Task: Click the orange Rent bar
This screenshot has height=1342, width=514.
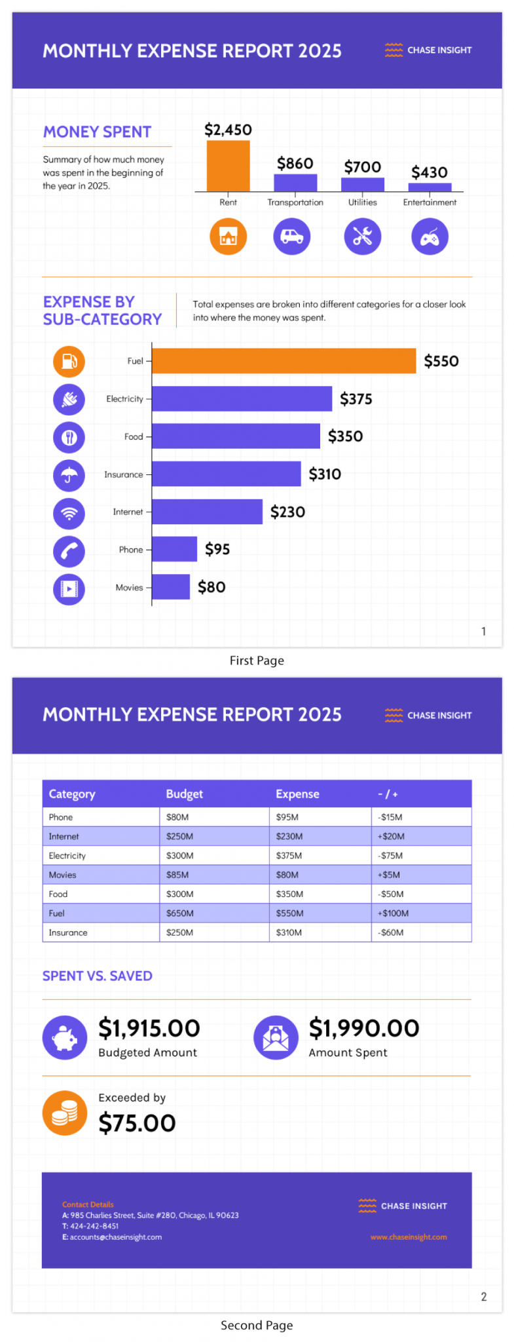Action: (x=228, y=166)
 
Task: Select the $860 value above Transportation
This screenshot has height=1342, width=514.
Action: (x=295, y=163)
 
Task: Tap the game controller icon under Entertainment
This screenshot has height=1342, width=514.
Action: (x=430, y=237)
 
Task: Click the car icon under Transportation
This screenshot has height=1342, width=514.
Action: (x=291, y=237)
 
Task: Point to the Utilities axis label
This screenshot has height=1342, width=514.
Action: (x=362, y=202)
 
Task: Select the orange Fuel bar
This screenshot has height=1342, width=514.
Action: (x=284, y=361)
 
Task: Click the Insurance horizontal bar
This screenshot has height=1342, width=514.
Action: (x=226, y=474)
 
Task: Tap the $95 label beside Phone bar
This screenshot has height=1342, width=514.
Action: (x=217, y=549)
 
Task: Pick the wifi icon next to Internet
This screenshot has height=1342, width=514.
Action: (x=69, y=513)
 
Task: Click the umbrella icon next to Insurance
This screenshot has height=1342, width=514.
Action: (x=69, y=475)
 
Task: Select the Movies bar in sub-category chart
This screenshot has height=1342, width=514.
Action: (x=171, y=587)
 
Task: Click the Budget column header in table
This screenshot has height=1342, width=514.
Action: (x=184, y=794)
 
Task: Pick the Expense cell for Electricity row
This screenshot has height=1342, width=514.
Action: (x=289, y=856)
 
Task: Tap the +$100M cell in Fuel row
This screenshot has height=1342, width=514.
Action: (x=393, y=913)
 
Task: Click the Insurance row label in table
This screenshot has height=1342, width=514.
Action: (x=68, y=932)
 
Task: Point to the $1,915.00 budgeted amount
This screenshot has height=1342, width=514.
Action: (x=149, y=1028)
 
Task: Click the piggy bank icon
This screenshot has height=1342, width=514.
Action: (x=65, y=1038)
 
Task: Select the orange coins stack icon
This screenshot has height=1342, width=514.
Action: (x=65, y=1113)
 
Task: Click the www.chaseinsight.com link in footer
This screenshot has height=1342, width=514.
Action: (x=409, y=1237)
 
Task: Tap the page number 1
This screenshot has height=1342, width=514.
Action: (x=483, y=632)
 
